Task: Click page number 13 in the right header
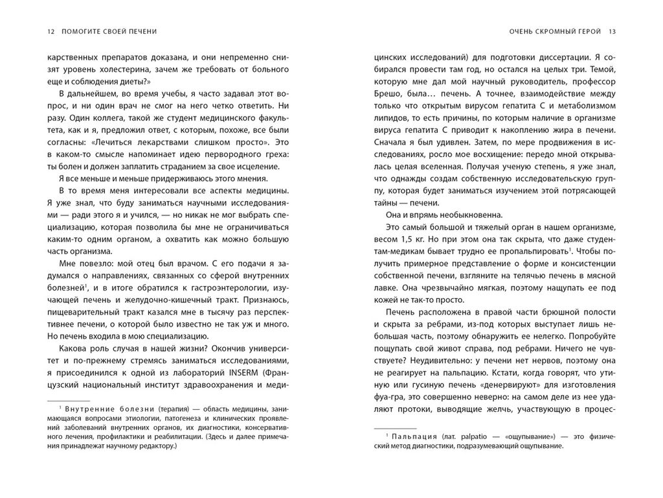(612, 31)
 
